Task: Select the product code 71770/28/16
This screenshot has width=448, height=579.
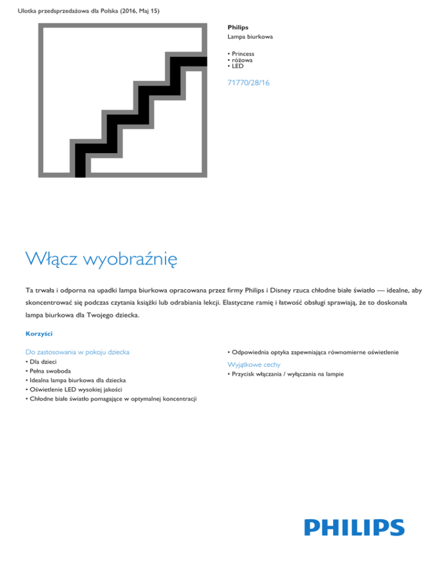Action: click(249, 83)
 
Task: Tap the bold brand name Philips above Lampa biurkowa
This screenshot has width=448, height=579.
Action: click(237, 27)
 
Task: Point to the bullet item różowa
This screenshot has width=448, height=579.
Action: click(243, 60)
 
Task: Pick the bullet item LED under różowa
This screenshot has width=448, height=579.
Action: click(239, 66)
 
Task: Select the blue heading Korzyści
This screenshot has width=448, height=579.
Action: click(39, 333)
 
